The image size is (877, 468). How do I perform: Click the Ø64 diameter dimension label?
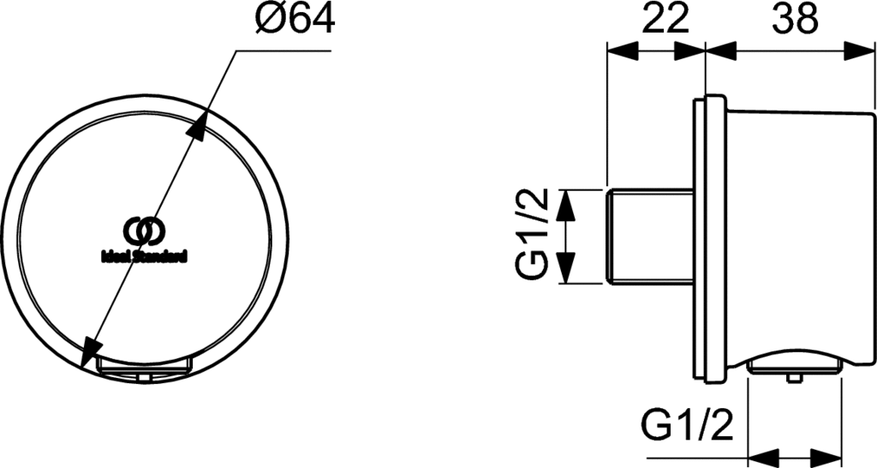click(x=295, y=19)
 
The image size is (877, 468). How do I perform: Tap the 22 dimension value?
click(x=665, y=19)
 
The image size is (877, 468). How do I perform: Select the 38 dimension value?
click(x=795, y=19)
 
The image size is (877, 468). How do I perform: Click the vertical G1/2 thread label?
click(x=531, y=235)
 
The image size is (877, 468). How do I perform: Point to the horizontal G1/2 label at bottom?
click(x=686, y=425)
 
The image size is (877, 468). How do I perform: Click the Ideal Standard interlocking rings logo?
click(x=144, y=231)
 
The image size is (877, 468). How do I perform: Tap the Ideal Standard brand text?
click(x=144, y=257)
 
